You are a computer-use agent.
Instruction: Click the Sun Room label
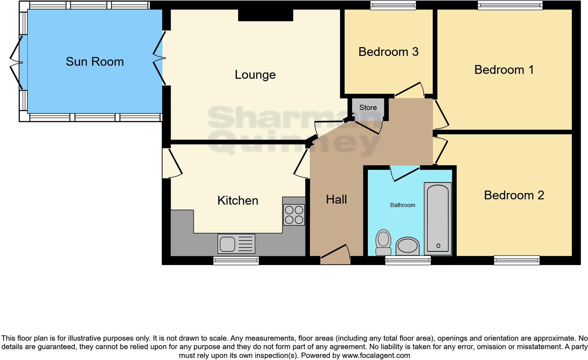[x=95, y=62]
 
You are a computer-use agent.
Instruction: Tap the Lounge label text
[x=255, y=75]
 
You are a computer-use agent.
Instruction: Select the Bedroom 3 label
[x=388, y=52]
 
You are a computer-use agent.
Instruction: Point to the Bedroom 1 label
[x=504, y=70]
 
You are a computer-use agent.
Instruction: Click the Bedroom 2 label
[x=514, y=195]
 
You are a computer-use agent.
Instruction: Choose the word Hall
[x=336, y=199]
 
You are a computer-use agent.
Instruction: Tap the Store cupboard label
[x=368, y=108]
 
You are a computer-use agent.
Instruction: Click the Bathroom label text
[x=402, y=205]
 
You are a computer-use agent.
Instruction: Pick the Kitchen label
[x=238, y=200]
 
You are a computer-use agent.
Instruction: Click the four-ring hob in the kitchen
[x=294, y=215]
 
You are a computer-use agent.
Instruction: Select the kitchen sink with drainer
[x=236, y=244]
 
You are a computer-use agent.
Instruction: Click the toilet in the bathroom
[x=383, y=242]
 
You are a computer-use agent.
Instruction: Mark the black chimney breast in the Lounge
[x=266, y=15]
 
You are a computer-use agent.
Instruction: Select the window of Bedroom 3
[x=393, y=5]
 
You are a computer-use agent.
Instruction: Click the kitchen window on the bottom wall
[x=236, y=261]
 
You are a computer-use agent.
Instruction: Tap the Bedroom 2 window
[x=517, y=261]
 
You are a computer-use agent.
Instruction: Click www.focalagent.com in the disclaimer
[x=376, y=355]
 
